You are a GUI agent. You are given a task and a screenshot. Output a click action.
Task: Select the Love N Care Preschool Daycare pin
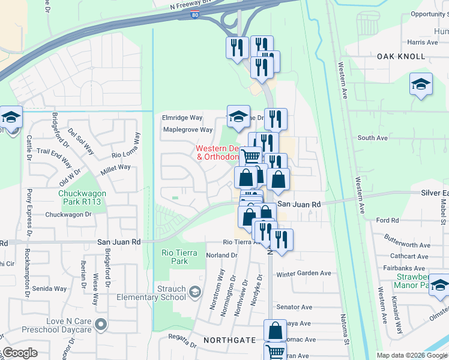tap(101, 325)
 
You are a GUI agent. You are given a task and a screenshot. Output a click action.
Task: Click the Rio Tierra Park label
tap(175, 257)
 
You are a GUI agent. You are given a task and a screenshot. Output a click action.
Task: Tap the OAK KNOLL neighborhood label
tap(402, 56)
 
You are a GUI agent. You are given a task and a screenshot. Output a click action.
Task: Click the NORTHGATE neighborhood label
tap(229, 340)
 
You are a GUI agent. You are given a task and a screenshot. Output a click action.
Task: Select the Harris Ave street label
tap(423, 43)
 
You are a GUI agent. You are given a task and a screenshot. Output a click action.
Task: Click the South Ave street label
tap(373, 138)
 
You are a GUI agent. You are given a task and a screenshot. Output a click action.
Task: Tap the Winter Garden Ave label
tap(304, 273)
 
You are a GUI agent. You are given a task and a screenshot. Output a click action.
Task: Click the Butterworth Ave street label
tap(408, 245)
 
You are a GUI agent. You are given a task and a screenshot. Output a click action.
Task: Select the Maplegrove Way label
tap(188, 130)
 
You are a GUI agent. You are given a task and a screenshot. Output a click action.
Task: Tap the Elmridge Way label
tap(182, 118)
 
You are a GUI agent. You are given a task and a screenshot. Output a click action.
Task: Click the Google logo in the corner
tap(20, 353)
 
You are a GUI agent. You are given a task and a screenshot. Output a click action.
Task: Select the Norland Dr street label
tap(221, 255)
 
